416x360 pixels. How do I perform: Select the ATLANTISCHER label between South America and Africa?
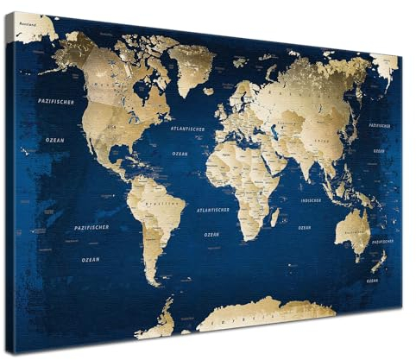tap(212, 210)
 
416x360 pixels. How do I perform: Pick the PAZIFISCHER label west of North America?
tap(56, 102)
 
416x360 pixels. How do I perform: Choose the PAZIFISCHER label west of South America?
tap(91, 227)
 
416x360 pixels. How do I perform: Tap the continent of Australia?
tap(353, 228)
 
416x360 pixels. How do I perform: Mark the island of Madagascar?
tap(274, 217)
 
